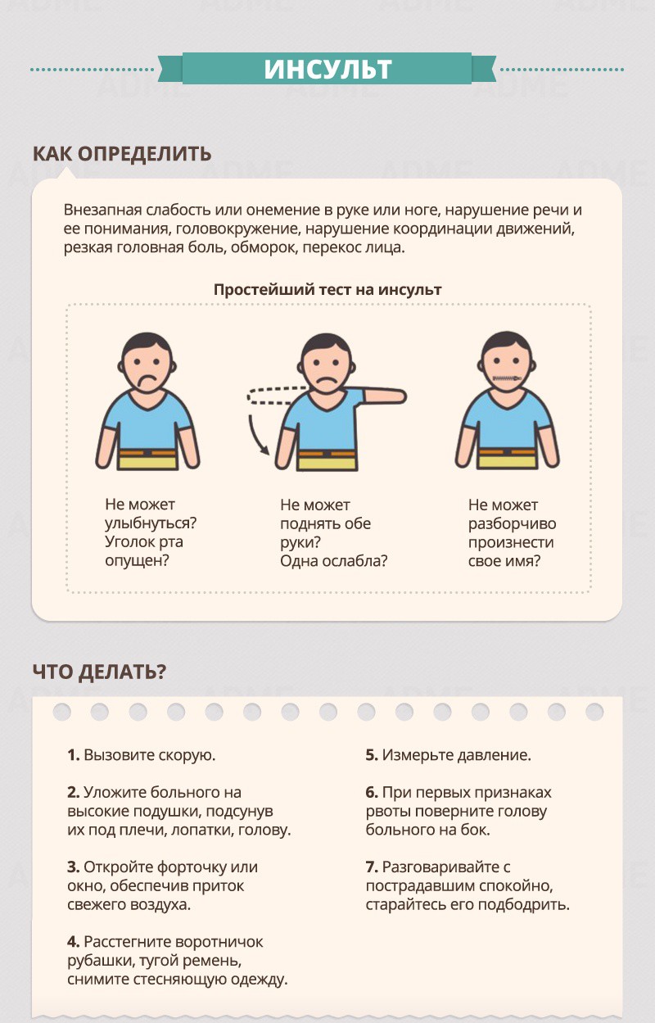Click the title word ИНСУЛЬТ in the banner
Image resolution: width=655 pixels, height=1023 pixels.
coord(327,69)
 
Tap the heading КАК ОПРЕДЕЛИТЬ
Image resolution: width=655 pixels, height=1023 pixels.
coord(122,154)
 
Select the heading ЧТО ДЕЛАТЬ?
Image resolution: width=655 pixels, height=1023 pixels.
coord(100,672)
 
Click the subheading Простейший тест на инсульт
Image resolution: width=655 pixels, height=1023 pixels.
coord(327,290)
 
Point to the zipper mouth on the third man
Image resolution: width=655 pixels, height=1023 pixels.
coord(507,378)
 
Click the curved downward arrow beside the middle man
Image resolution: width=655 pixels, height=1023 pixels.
coord(255,436)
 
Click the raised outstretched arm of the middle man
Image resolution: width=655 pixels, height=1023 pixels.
coord(384,396)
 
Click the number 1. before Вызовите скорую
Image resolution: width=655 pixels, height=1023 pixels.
coord(74,755)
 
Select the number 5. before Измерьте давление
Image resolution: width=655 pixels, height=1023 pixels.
coord(372,755)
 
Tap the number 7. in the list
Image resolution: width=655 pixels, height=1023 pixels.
coord(372,867)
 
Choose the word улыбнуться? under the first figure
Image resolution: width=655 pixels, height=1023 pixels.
coord(151,523)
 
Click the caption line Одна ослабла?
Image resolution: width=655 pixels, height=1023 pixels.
coord(334,561)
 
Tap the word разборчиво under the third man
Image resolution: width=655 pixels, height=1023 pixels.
coord(513,524)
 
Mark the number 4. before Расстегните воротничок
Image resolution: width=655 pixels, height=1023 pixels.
coord(74,942)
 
